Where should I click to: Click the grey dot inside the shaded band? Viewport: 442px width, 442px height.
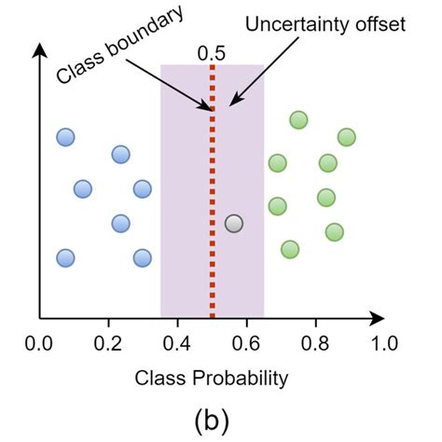pyautogui.click(x=234, y=224)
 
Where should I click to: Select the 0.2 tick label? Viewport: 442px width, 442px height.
pyautogui.click(x=108, y=342)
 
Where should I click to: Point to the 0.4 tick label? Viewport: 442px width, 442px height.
pyautogui.click(x=177, y=342)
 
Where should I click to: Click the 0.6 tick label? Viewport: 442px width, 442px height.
pyautogui.click(x=246, y=342)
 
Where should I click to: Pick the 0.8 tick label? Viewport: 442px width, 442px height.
pyautogui.click(x=315, y=342)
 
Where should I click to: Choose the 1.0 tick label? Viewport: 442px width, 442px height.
pyautogui.click(x=382, y=342)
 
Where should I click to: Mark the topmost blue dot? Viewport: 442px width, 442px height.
pyautogui.click(x=65, y=137)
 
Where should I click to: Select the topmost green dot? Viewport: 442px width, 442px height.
pyautogui.click(x=298, y=119)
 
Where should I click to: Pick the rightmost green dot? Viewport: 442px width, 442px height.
pyautogui.click(x=347, y=137)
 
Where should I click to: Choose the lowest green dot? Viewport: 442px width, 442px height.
pyautogui.click(x=290, y=249)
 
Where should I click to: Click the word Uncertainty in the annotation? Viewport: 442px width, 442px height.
pyautogui.click(x=289, y=22)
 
